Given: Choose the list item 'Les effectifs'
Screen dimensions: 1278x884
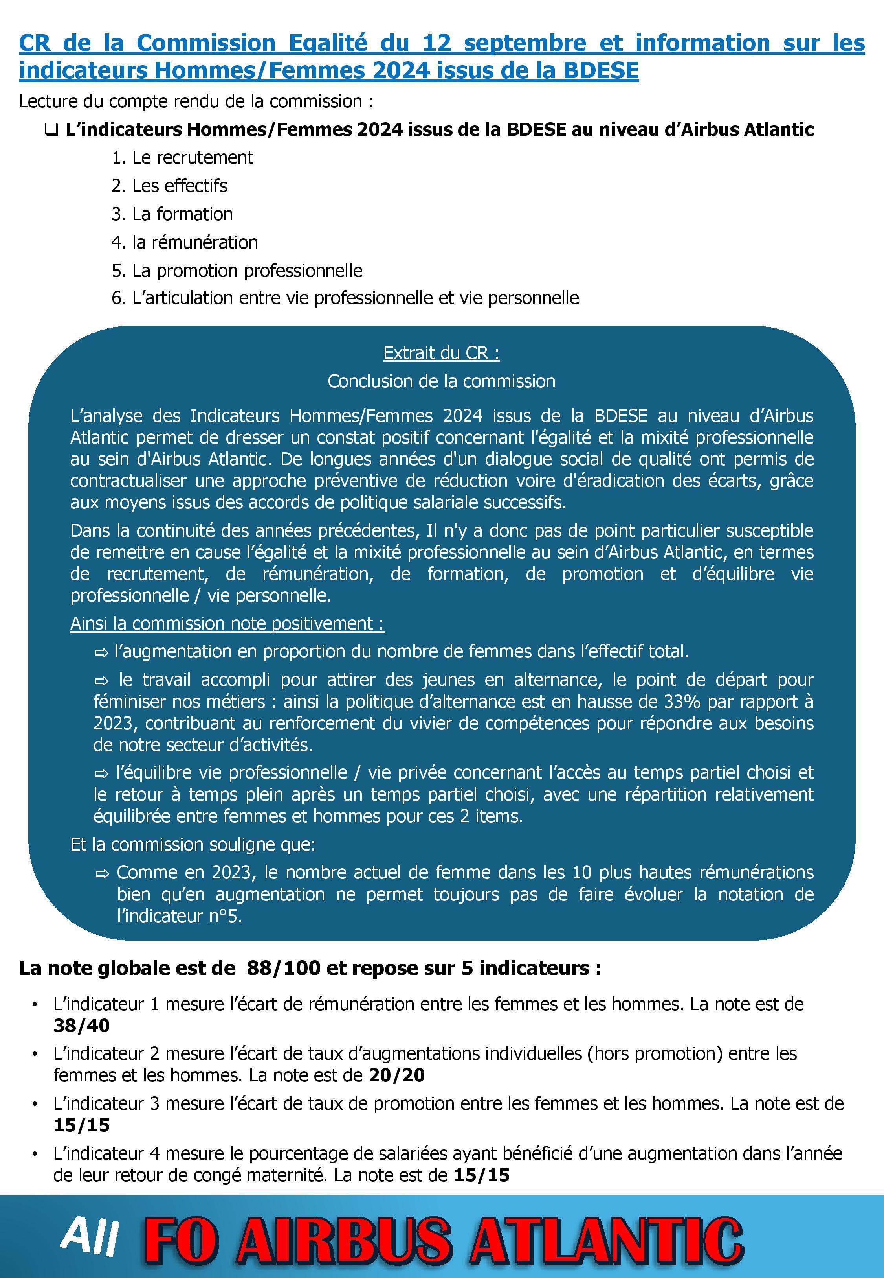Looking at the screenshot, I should (x=179, y=186).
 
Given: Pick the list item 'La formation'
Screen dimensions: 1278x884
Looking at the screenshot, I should (x=182, y=214).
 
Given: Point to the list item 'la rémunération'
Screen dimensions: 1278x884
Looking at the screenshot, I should (x=194, y=242).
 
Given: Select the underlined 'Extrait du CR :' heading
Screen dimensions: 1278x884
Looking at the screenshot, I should (x=442, y=353).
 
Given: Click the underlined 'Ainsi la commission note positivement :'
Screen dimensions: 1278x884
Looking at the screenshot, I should (x=227, y=624).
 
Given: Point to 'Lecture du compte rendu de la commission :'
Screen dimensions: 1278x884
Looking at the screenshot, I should (x=196, y=101).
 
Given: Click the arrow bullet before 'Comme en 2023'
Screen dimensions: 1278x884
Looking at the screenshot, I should (x=103, y=873).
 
